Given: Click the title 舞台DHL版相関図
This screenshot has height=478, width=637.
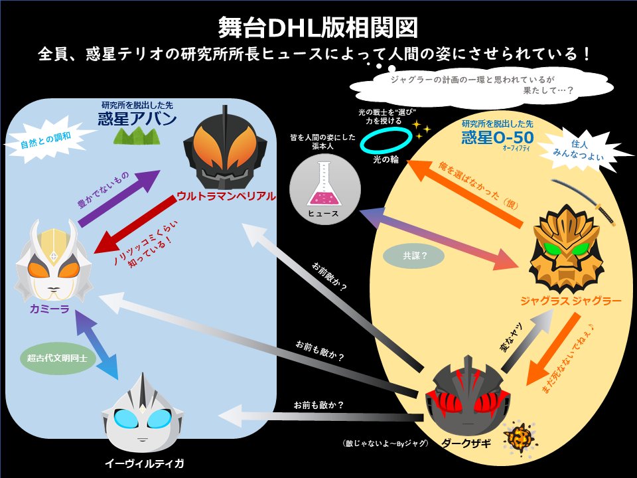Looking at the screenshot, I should point(318,27).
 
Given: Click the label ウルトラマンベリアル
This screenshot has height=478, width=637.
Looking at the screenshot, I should point(226,196).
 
